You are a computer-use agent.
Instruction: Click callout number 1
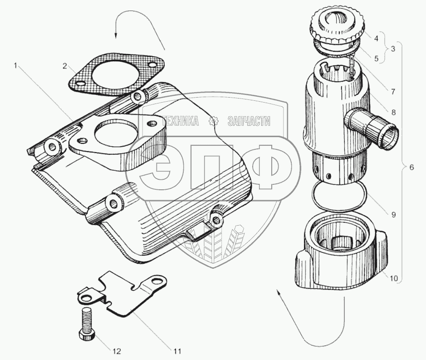[16, 65]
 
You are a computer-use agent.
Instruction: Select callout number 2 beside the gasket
[65, 66]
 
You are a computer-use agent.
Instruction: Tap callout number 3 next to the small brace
[393, 49]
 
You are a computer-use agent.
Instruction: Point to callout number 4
[376, 38]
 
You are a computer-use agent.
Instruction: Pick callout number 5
[376, 59]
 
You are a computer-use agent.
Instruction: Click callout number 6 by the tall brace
[411, 167]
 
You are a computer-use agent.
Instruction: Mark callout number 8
[393, 112]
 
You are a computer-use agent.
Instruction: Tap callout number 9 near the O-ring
[393, 215]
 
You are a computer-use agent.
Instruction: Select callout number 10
[394, 278]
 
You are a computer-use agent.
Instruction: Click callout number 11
[177, 351]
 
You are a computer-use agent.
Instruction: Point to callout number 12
[116, 351]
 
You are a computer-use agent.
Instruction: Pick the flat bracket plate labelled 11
[122, 294]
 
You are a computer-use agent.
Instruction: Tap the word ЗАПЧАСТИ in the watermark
[249, 121]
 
